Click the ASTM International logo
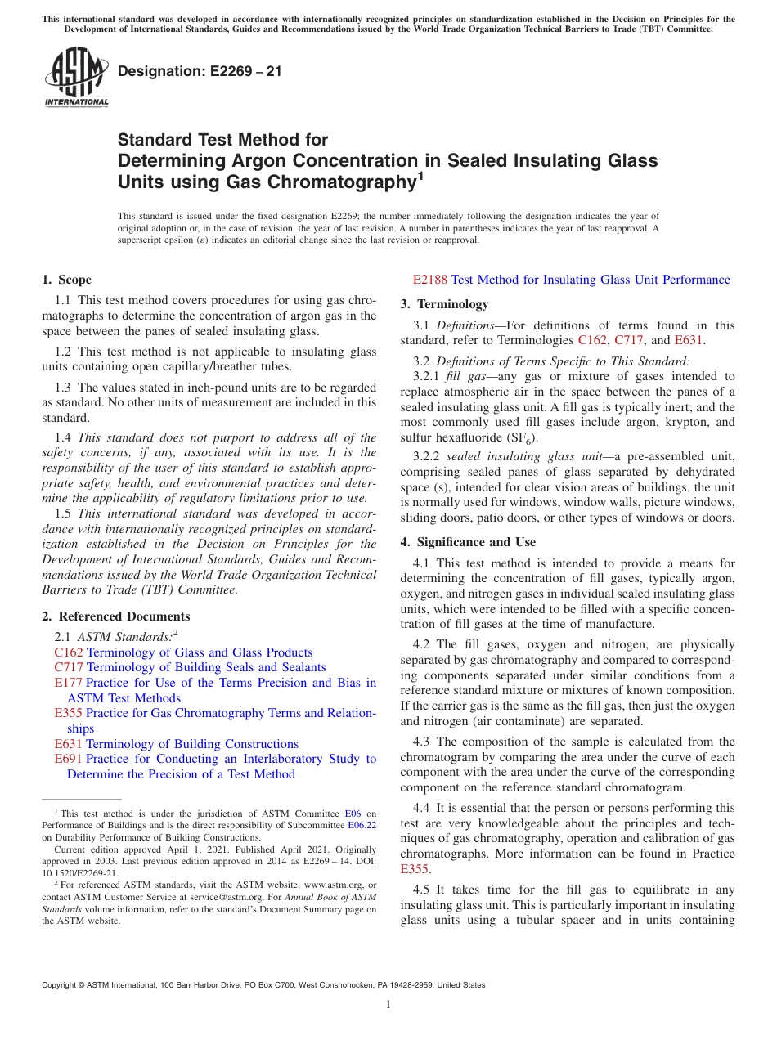pos(76,77)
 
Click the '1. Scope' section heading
pos(66,280)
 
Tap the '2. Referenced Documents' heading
pos(116,616)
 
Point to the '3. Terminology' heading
pos(444,304)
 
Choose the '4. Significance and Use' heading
pos(468,542)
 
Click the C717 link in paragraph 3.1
pos(628,340)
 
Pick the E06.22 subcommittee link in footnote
pos(362,825)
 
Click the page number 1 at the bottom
pos(388,1005)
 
